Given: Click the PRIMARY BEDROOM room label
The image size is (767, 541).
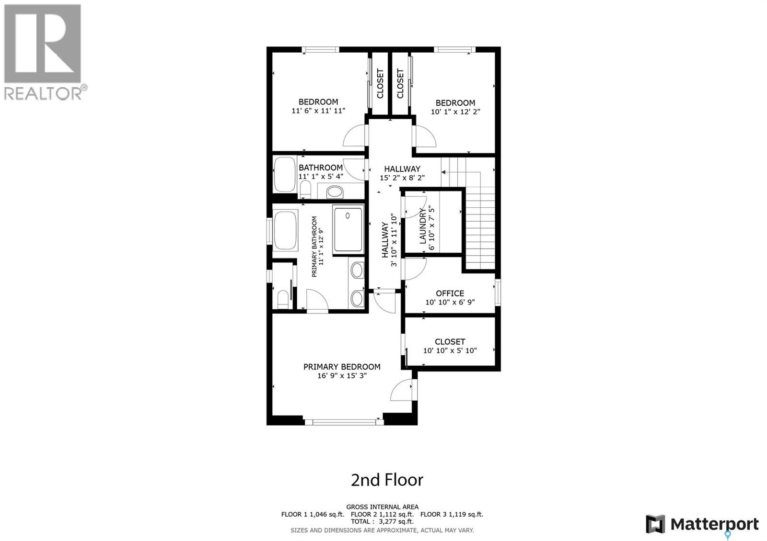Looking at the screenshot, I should click(x=342, y=367).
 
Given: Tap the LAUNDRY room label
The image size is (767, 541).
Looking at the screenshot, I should click(x=423, y=226).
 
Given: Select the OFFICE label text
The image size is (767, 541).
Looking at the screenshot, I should click(x=450, y=293).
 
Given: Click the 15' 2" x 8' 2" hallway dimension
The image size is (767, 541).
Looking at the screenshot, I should click(x=402, y=178).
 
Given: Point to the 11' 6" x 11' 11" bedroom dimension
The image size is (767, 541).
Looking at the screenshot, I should click(x=318, y=111).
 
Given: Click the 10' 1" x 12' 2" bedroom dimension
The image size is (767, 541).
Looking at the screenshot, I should click(x=455, y=112).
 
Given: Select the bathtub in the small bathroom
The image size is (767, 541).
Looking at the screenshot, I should click(x=285, y=174).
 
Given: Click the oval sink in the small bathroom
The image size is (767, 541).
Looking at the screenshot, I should click(x=335, y=193).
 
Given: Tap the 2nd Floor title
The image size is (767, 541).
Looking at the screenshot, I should click(x=387, y=480).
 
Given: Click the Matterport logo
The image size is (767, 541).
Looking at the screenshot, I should click(x=702, y=525).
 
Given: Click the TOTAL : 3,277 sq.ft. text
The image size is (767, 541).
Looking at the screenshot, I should click(x=382, y=521).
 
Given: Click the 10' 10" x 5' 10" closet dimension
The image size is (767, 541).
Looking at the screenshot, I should click(x=450, y=350).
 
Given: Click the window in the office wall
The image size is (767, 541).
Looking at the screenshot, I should click(x=498, y=293).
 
